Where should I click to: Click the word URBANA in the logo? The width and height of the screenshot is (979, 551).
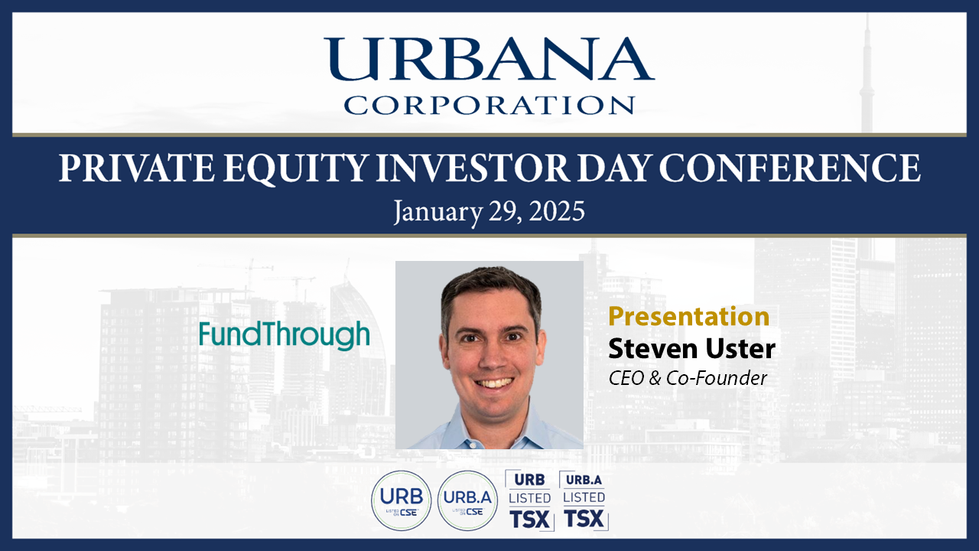pyautogui.click(x=489, y=59)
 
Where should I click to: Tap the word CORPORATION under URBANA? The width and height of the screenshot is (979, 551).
pyautogui.click(x=489, y=106)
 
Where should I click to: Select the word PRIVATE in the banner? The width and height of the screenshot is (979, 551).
pyautogui.click(x=137, y=168)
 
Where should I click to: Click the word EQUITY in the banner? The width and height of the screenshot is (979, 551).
pyautogui.click(x=295, y=168)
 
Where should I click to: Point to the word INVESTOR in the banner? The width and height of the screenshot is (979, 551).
pyautogui.click(x=473, y=168)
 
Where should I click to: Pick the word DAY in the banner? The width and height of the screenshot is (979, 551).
pyautogui.click(x=614, y=168)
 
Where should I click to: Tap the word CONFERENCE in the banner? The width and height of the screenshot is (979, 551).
pyautogui.click(x=790, y=168)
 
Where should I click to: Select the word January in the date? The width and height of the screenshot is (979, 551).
pyautogui.click(x=438, y=213)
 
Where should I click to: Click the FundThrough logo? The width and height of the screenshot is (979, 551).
pyautogui.click(x=285, y=335)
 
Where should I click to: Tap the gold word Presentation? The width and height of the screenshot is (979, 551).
pyautogui.click(x=689, y=316)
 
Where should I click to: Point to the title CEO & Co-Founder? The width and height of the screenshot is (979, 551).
pyautogui.click(x=688, y=378)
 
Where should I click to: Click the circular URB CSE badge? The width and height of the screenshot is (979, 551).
pyautogui.click(x=402, y=500)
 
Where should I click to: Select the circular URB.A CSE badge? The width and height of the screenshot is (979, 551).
pyautogui.click(x=467, y=500)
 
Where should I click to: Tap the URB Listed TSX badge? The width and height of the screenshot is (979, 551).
pyautogui.click(x=530, y=500)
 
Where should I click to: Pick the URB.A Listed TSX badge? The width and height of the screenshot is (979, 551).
pyautogui.click(x=584, y=500)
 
